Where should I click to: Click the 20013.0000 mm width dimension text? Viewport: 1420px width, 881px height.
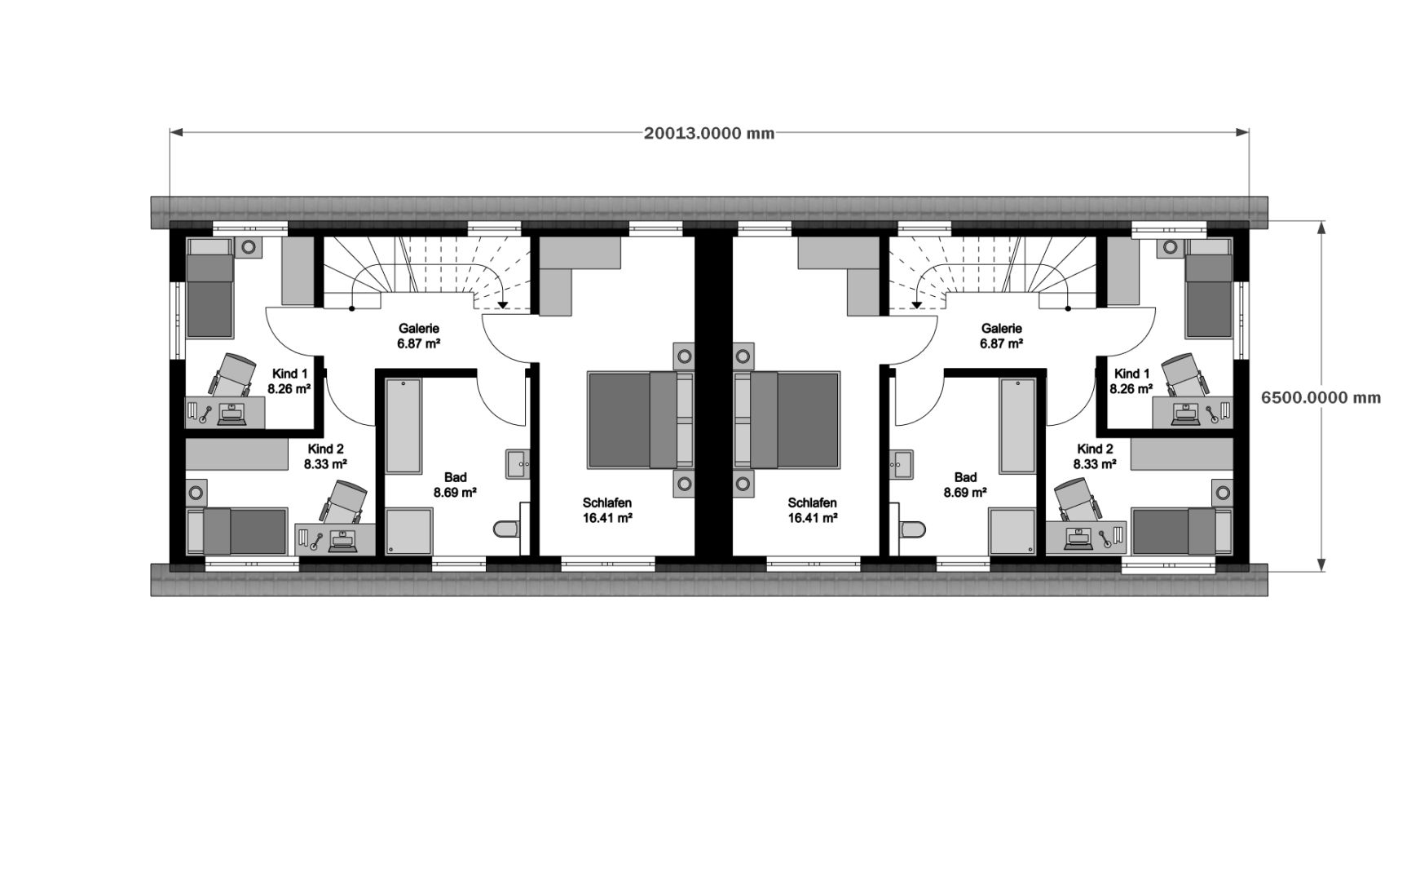pos(709,133)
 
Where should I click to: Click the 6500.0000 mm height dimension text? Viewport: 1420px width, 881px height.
pos(1321,397)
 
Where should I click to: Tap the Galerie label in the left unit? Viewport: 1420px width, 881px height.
pos(419,329)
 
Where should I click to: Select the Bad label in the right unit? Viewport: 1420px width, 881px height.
pos(965,477)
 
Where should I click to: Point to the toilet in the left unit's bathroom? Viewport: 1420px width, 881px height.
pos(508,529)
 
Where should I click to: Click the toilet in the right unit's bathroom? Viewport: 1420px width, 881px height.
pos(912,529)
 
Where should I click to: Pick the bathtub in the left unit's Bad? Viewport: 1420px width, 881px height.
pos(404,426)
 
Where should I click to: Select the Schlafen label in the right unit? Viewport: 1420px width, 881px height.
pos(812,502)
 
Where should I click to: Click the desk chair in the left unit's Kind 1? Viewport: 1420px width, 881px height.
pos(233,374)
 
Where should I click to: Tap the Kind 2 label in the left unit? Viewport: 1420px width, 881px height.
pos(325,449)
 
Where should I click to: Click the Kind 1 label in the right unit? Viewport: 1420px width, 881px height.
pos(1131,374)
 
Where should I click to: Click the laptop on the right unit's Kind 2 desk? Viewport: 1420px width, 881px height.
pos(1080,536)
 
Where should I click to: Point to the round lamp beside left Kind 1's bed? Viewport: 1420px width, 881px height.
pos(249,246)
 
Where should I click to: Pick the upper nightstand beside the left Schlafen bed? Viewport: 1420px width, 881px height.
pos(683,356)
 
